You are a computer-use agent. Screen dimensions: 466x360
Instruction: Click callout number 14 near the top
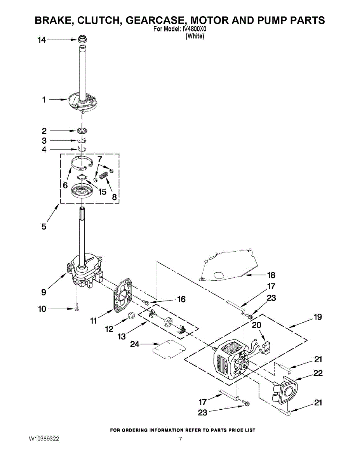(x=41, y=40)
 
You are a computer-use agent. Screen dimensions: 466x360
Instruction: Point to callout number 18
(x=271, y=275)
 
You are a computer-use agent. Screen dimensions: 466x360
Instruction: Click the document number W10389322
(x=44, y=439)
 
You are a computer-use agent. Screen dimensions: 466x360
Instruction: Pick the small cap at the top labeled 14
(x=82, y=39)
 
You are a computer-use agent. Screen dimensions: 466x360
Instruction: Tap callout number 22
(x=318, y=373)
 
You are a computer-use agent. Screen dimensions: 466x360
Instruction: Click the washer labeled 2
(x=82, y=130)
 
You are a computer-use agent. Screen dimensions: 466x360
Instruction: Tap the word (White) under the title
(x=194, y=36)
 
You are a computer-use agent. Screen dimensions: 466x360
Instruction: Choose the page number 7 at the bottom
(x=180, y=439)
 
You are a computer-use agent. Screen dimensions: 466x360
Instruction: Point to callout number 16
(x=181, y=299)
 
